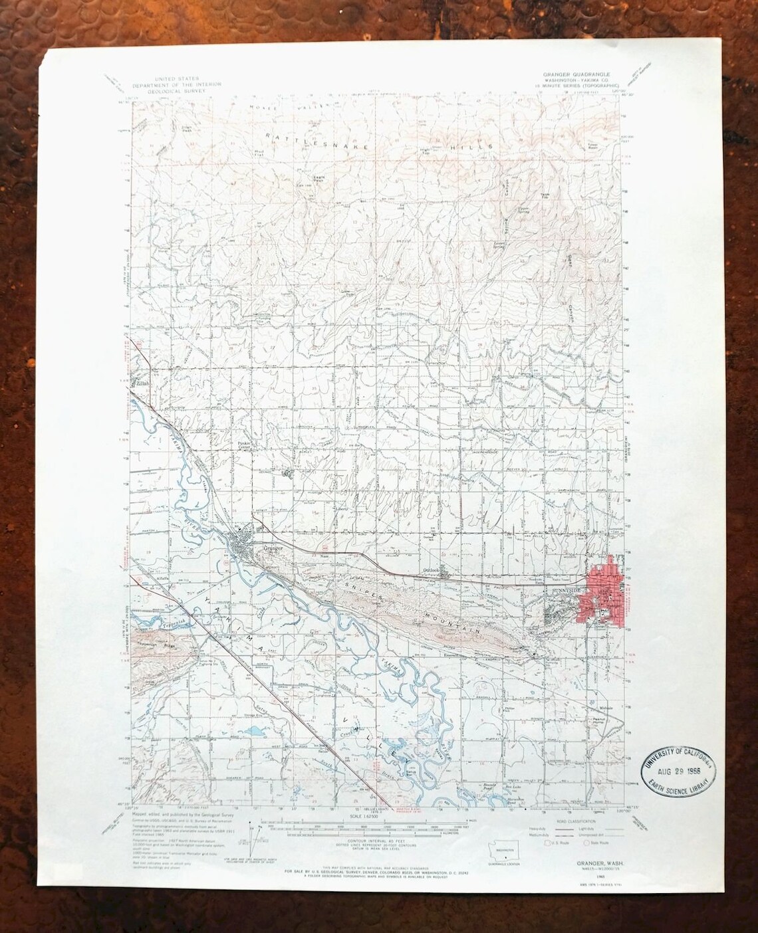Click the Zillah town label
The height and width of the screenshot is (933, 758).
pos(141,383)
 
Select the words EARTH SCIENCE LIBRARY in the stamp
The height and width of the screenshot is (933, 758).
pos(680,788)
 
